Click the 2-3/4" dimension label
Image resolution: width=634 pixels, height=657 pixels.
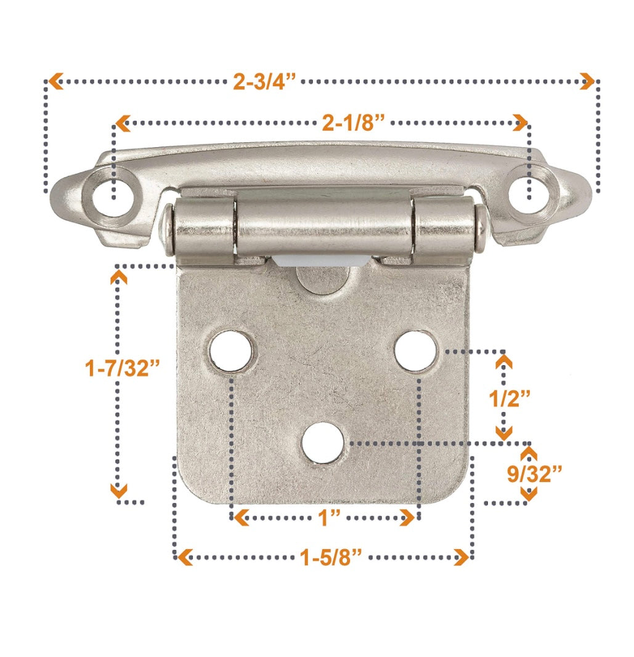click(264, 82)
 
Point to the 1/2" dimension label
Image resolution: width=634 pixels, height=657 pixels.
click(510, 398)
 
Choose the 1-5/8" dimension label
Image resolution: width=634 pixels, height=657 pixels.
click(330, 558)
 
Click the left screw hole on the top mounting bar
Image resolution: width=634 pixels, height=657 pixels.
click(112, 196)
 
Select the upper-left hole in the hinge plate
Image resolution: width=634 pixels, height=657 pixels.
click(231, 352)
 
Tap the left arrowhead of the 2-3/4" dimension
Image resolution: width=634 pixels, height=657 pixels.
click(55, 81)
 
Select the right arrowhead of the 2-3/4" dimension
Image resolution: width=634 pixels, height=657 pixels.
click(588, 81)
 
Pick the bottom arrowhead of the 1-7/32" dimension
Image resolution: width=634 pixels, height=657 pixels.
click(118, 491)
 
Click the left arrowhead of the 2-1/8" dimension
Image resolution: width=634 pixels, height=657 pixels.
click(123, 123)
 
